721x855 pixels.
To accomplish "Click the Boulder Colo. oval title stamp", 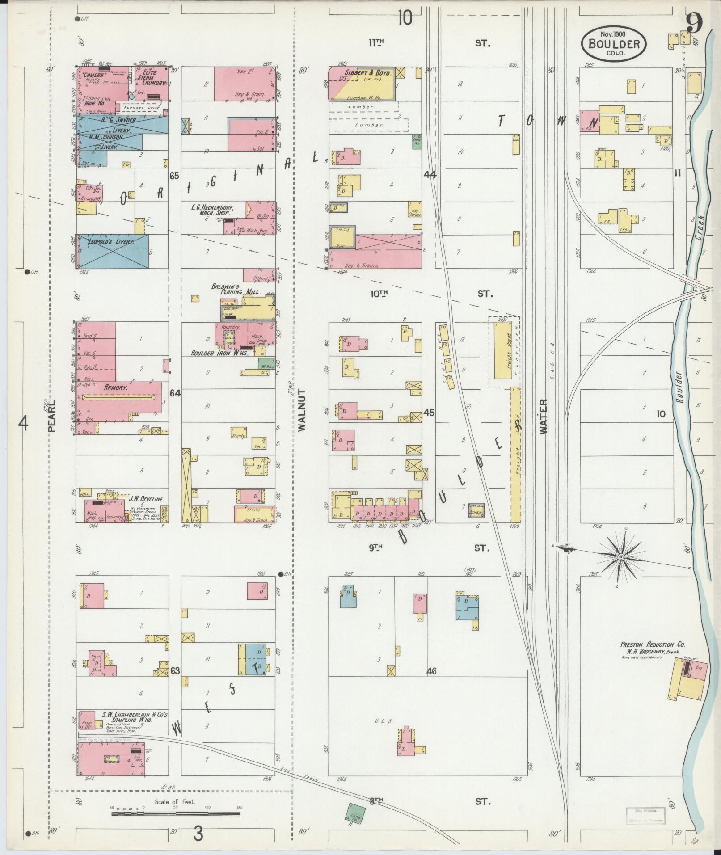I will tap(614, 44).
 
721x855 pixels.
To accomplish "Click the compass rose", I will tap(621, 557).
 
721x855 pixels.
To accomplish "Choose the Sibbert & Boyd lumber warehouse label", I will tap(367, 72).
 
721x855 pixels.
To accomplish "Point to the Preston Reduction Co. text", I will tap(652, 645).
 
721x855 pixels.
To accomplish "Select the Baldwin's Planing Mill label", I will tap(231, 289).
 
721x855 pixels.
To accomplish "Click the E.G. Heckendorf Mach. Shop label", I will tap(216, 210).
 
